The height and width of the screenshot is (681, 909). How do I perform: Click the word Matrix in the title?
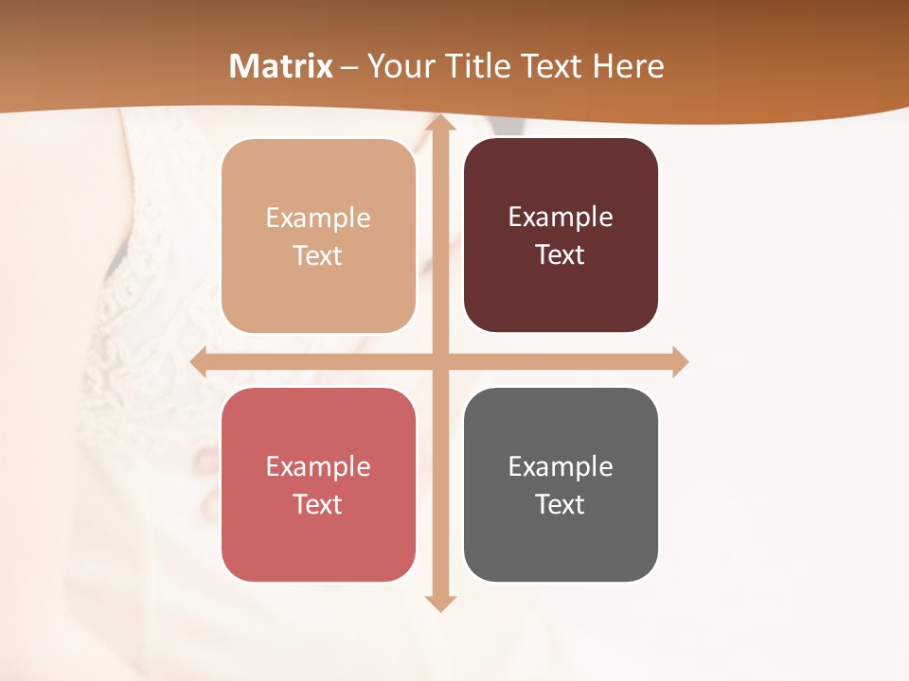click(281, 66)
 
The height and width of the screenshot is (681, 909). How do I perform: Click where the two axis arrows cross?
click(440, 362)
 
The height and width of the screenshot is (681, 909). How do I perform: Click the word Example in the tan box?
click(318, 218)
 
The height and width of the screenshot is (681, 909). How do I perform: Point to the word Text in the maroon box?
click(561, 255)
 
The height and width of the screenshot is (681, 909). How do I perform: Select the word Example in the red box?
click(318, 467)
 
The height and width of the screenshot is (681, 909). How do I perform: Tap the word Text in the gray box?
click(561, 504)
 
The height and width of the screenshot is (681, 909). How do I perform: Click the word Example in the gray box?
click(561, 467)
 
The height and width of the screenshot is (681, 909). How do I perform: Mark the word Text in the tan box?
click(318, 256)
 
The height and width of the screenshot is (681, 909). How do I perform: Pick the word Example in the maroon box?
click(561, 218)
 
